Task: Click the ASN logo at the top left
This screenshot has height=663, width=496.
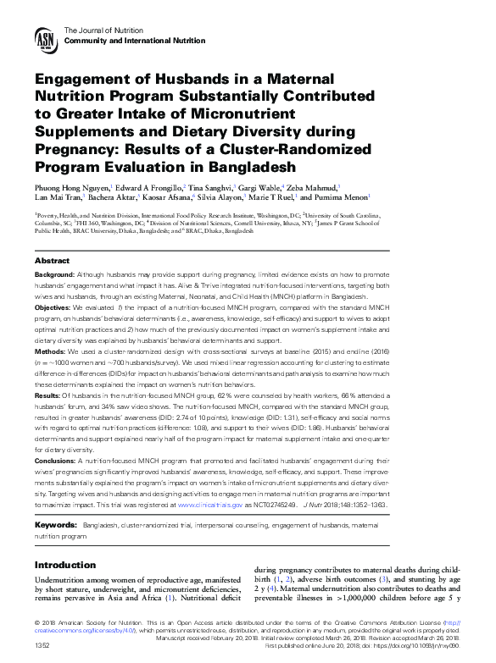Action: click(x=46, y=37)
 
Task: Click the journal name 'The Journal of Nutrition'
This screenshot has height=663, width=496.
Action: click(x=101, y=30)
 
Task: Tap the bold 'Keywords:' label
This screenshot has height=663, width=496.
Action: click(x=56, y=526)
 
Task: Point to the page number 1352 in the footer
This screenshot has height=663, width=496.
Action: click(x=42, y=645)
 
